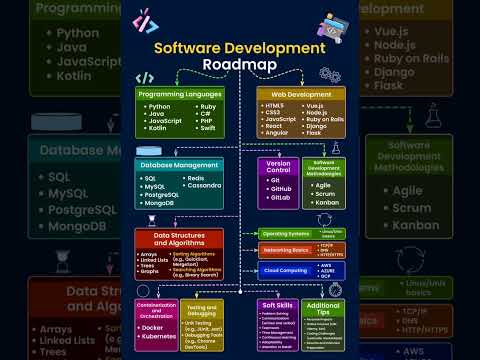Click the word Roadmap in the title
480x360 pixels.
coord(240,64)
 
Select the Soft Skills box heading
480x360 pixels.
coord(277,304)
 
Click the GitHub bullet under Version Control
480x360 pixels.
coord(279,188)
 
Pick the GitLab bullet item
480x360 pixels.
coord(279,198)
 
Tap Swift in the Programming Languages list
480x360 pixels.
coord(205,130)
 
